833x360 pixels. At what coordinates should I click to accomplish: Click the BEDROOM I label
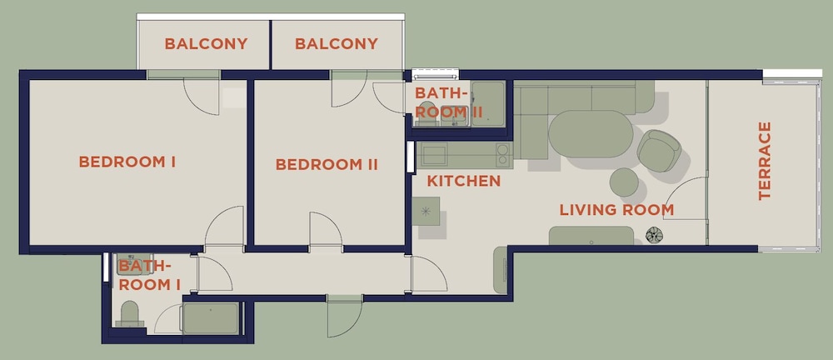127,162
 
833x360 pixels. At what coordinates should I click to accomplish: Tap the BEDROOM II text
327,164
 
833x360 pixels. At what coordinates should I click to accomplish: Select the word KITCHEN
464,182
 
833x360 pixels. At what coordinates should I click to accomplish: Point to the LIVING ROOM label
616,210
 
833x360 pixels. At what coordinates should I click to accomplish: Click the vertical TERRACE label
765,161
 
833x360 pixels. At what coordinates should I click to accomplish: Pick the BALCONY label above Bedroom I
206,43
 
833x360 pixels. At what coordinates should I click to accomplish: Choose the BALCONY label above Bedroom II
337,43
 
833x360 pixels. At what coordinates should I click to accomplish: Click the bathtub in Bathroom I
211,318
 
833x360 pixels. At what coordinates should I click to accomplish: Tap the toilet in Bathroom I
130,313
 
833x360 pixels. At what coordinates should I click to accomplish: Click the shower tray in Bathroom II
488,103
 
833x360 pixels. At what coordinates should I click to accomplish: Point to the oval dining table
591,133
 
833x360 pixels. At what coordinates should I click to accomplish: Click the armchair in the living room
659,151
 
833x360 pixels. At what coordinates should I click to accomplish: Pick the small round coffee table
624,182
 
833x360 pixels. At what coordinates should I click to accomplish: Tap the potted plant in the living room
653,234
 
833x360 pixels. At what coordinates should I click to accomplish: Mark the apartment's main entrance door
345,317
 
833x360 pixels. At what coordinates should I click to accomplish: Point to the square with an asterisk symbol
426,211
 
